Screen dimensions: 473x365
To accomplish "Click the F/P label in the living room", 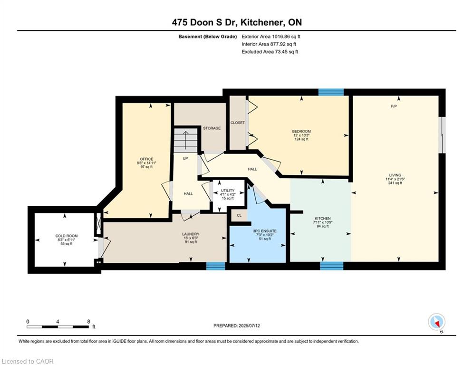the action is [393, 106].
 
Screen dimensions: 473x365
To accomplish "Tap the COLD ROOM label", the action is [67, 236].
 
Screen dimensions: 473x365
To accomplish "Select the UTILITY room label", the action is [227, 191].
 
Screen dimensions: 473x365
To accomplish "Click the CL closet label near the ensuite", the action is [239, 215].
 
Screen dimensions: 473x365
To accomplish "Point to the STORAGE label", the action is [212, 128].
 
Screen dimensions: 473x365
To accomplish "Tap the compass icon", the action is [436, 322].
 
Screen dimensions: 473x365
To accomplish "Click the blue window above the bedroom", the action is [331, 92].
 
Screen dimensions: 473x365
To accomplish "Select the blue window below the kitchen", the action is [331, 266].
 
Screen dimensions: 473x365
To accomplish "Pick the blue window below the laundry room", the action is [216, 266].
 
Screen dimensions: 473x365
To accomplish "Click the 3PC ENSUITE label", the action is [265, 231].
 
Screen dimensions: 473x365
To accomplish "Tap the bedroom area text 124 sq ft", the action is [301, 139].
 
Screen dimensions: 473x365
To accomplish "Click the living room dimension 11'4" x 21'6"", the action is [395, 179].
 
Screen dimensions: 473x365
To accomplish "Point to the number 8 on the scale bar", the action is [89, 322].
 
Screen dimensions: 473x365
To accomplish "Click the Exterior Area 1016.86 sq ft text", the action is [271, 37].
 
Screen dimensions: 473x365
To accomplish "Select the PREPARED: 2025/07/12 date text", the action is [237, 326].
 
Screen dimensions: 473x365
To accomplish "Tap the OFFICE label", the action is [146, 159].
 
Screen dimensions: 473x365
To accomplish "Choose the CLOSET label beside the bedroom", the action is [238, 123].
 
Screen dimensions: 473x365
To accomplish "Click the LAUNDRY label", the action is [191, 234].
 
